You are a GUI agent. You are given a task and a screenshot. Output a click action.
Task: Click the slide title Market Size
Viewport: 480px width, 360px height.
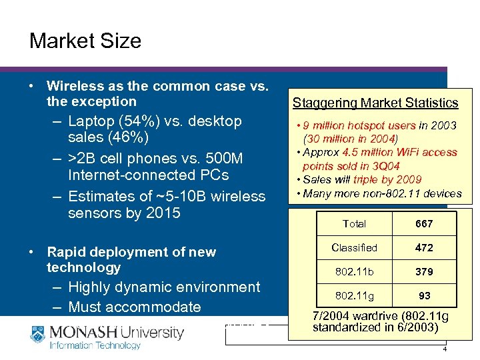pos(85,41)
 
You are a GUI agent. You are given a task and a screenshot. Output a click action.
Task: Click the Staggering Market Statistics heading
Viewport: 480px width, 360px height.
pos(375,103)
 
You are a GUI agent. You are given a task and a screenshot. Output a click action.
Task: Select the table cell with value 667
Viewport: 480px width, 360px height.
pos(424,224)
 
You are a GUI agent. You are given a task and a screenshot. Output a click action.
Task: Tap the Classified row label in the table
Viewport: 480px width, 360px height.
pos(354,247)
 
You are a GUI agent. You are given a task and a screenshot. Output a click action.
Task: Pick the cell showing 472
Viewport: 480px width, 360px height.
pos(424,247)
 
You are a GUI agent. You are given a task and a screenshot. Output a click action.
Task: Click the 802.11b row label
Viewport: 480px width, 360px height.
pos(354,271)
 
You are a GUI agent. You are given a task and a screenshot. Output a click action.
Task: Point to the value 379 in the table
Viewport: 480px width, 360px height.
pos(424,271)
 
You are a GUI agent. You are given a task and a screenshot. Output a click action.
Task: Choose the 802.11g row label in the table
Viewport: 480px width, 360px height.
pos(354,295)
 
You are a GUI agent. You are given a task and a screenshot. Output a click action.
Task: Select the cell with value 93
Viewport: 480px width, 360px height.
pos(424,295)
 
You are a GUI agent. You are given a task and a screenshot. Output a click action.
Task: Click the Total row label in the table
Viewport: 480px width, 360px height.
pos(354,224)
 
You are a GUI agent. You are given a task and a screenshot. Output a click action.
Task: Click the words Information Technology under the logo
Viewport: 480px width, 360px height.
pos(95,345)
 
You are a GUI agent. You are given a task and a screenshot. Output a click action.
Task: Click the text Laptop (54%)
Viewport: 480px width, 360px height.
pos(111,121)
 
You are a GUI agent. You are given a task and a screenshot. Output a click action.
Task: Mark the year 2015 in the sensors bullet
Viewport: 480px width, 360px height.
pos(163,213)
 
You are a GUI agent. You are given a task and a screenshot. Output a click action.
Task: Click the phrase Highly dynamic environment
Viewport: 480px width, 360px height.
pos(164,287)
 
